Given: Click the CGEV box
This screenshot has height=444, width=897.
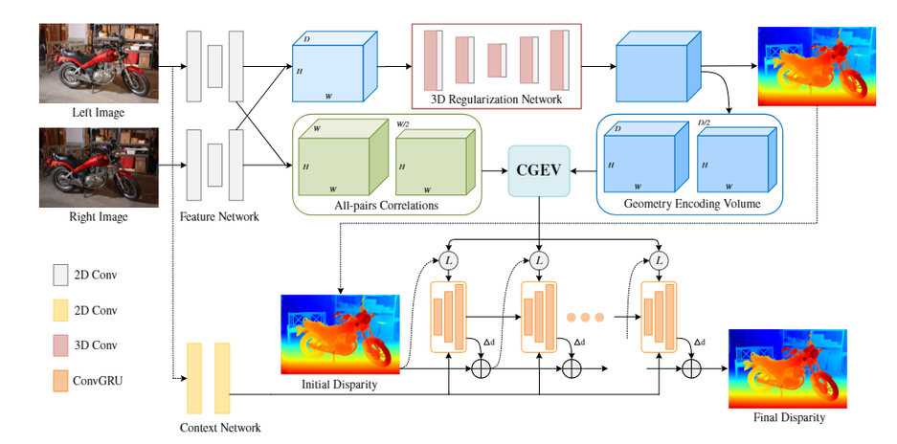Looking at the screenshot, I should tap(540, 170).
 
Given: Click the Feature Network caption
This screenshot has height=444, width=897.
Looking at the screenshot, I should tap(219, 217).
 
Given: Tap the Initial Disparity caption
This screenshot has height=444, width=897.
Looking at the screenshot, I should tap(340, 385).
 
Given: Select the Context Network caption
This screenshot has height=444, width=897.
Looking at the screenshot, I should tap(219, 428).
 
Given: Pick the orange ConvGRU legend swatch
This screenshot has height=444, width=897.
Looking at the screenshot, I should tap(60, 378).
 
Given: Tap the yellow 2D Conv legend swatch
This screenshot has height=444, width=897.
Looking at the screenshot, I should tap(60, 310).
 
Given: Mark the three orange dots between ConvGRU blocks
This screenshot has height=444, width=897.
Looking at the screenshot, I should tap(586, 318).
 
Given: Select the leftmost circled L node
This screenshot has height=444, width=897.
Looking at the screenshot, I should tap(448, 259).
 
